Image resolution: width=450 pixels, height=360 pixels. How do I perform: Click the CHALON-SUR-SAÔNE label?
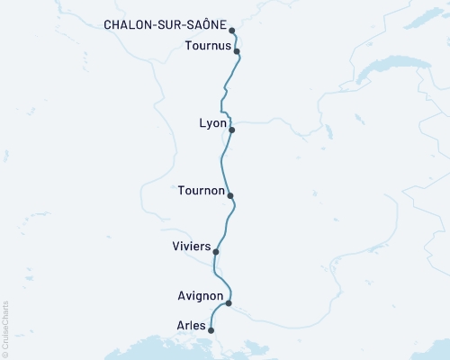click(x=165, y=26)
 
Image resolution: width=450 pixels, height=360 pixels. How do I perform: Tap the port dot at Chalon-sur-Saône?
click(x=232, y=31)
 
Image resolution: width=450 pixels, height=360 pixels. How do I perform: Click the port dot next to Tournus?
click(x=236, y=52)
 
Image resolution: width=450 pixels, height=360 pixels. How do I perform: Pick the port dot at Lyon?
click(x=232, y=130)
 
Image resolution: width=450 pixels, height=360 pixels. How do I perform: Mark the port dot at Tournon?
click(x=230, y=195)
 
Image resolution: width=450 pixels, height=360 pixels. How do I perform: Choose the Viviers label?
click(x=191, y=246)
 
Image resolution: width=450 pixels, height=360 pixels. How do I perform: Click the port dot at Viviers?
click(x=215, y=252)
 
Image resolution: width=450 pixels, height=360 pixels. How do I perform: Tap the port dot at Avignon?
click(x=229, y=302)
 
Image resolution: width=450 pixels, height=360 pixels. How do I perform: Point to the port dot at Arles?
click(x=211, y=330)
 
